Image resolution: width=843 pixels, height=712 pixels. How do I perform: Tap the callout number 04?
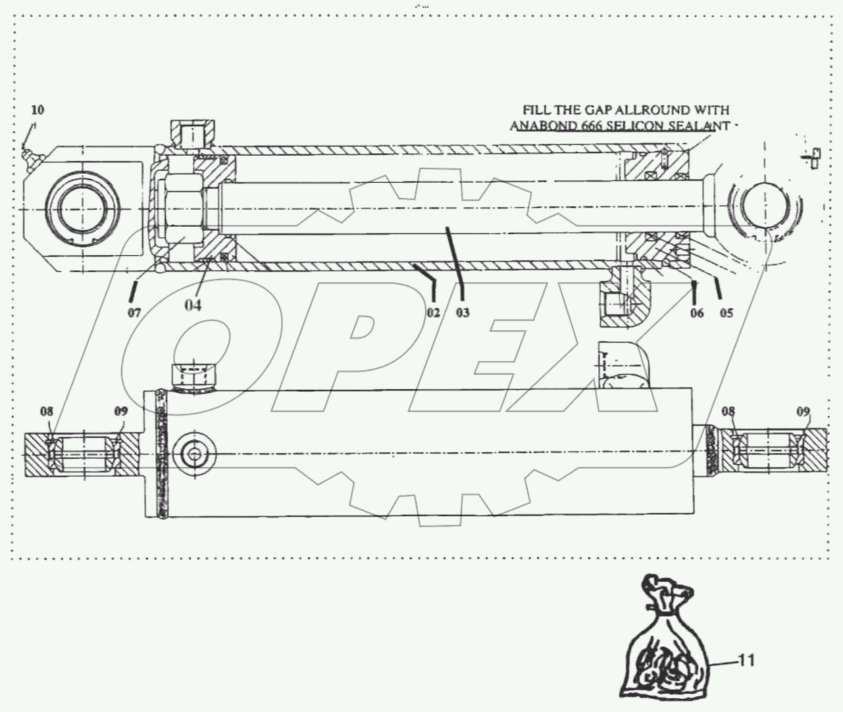(193, 304)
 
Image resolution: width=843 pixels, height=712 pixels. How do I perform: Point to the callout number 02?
(432, 312)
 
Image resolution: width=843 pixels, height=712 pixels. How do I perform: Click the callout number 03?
(463, 312)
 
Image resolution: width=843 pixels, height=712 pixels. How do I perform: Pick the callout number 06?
(697, 312)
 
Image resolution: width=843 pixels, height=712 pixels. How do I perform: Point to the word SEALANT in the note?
(700, 126)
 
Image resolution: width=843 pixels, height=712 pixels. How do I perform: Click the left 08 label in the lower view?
(46, 412)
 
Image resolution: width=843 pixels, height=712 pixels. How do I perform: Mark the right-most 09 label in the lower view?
(804, 412)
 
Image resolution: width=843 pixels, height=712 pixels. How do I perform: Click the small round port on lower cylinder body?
(194, 454)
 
